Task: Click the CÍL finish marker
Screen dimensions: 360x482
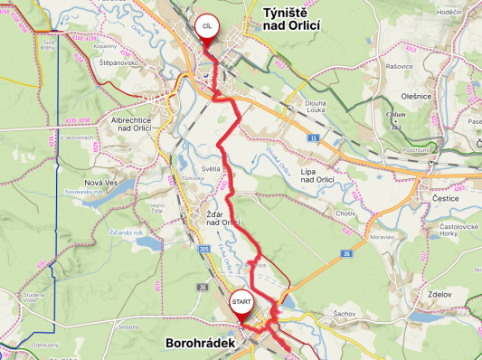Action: (208, 27)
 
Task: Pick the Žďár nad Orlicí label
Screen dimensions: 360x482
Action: (222, 218)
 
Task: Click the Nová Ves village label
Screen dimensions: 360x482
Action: (99, 183)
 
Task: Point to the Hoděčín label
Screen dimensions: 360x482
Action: (449, 11)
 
